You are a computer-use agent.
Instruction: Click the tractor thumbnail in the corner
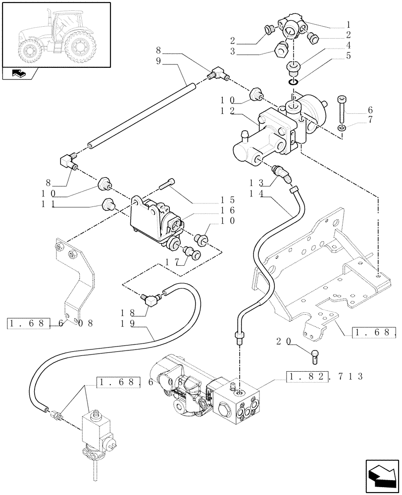pyautogui.click(x=55, y=35)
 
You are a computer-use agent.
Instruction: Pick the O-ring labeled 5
pyautogui.click(x=294, y=82)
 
